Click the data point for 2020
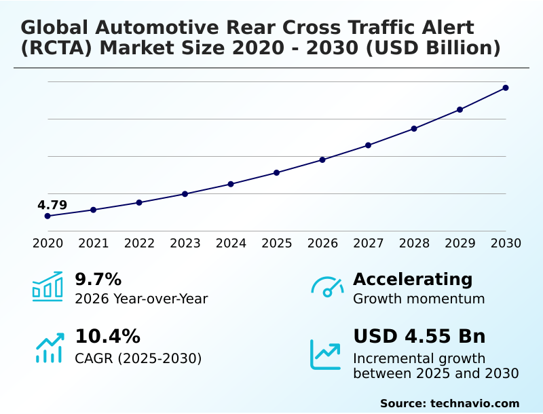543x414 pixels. pyautogui.click(x=48, y=216)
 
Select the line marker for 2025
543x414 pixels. pyautogui.click(x=276, y=172)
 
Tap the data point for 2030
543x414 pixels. pyautogui.click(x=506, y=88)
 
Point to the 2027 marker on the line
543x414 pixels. pyautogui.click(x=368, y=145)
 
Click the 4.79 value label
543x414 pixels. pyautogui.click(x=52, y=205)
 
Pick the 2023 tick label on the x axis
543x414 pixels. pyautogui.click(x=185, y=243)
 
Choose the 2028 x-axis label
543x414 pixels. pyautogui.click(x=414, y=243)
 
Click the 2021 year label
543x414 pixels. pyautogui.click(x=94, y=243)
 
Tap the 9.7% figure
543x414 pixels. pyautogui.click(x=98, y=279)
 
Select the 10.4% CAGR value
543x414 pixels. pyautogui.click(x=107, y=336)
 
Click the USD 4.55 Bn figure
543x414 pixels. pyautogui.click(x=419, y=336)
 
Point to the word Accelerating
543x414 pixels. pyautogui.click(x=413, y=279)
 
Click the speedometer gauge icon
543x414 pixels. pyautogui.click(x=327, y=287)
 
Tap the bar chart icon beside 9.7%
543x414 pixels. pyautogui.click(x=48, y=286)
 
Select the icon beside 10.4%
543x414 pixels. pyautogui.click(x=49, y=347)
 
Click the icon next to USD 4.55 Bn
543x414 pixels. pyautogui.click(x=326, y=354)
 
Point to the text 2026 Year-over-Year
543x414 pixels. pyautogui.click(x=141, y=299)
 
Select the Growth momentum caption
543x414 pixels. pyautogui.click(x=419, y=299)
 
